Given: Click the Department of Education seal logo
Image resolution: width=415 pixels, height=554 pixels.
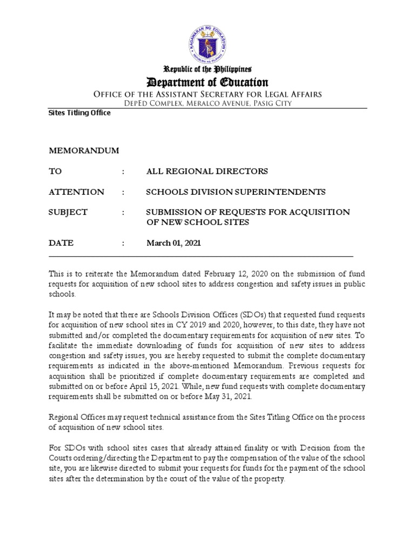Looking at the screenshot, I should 208,38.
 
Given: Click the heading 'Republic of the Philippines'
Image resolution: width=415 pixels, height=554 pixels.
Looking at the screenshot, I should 208,69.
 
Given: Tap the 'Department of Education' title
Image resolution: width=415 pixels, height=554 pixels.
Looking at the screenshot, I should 208,82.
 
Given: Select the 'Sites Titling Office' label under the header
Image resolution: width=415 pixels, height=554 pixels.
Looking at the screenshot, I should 79,113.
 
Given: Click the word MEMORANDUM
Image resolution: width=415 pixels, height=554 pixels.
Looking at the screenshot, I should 84,150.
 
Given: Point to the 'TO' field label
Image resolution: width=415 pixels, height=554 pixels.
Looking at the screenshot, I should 56,171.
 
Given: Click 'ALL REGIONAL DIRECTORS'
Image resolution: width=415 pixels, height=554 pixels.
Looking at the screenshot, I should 207,171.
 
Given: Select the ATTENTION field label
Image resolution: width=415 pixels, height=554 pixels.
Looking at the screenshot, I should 77,192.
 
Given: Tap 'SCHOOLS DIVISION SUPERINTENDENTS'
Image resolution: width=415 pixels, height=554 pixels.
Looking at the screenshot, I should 236,192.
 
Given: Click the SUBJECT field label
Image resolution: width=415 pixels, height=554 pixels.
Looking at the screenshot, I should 68,212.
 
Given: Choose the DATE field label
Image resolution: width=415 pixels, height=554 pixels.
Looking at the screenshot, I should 62,243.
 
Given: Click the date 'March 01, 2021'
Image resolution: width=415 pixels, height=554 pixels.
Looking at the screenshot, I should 173,243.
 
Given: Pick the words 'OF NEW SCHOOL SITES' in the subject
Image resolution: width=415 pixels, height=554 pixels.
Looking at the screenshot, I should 198,222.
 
